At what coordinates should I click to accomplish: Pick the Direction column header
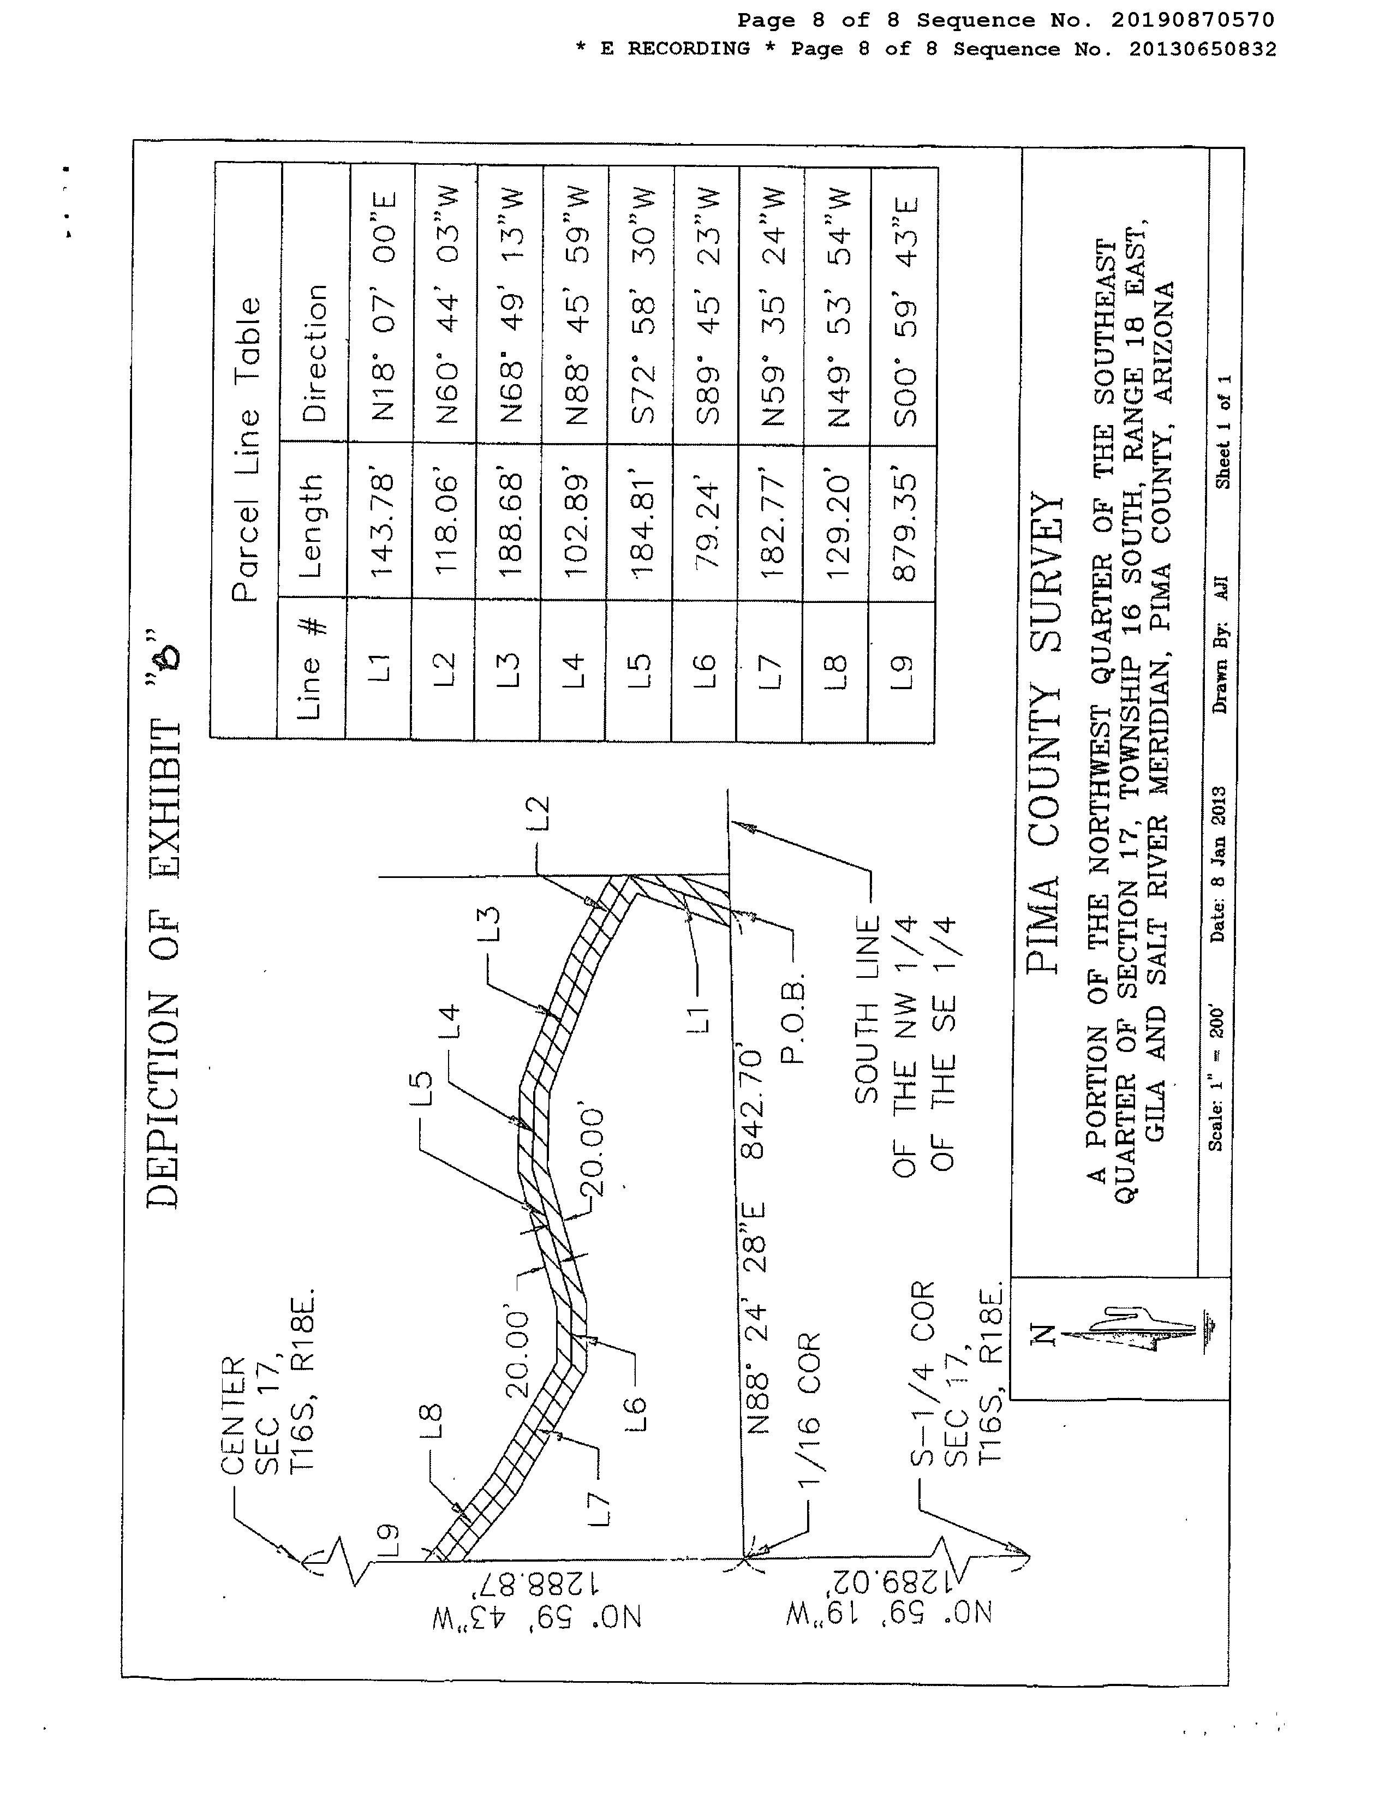click(x=314, y=353)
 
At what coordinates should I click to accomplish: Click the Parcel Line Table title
click(x=247, y=449)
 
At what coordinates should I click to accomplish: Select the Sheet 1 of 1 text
click(x=1222, y=431)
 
